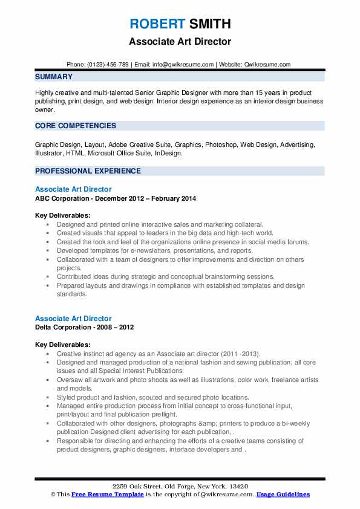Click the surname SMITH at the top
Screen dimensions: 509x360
click(x=209, y=24)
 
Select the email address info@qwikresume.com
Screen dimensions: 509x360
click(x=182, y=64)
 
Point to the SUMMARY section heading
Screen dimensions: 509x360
click(x=54, y=77)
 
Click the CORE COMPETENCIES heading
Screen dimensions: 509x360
click(x=76, y=126)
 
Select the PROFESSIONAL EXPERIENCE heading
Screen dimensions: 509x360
click(x=88, y=170)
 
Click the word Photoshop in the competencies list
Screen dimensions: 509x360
click(x=221, y=145)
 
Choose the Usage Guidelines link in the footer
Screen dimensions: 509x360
click(x=283, y=494)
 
